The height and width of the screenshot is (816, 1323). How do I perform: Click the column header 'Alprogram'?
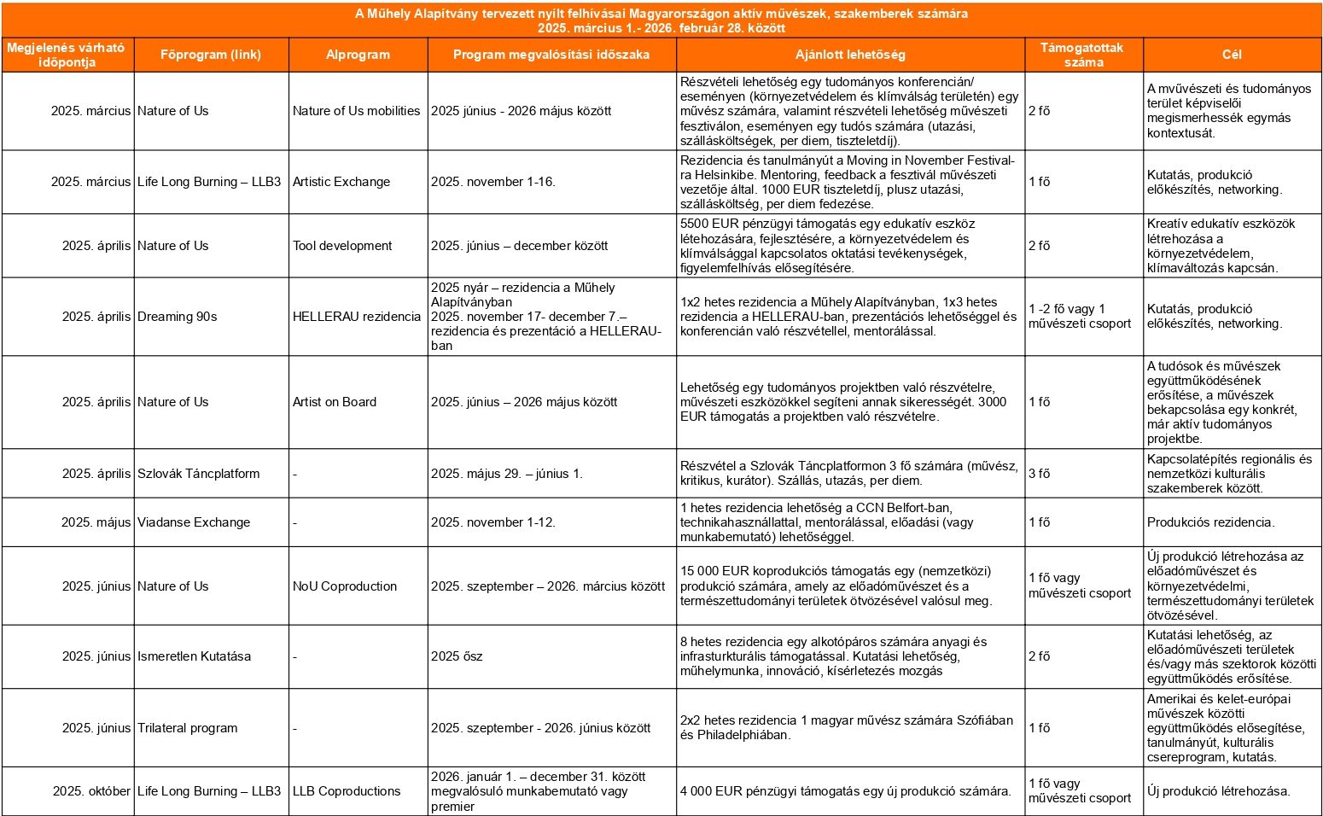point(358,55)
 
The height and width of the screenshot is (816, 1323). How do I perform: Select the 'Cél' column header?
point(1232,55)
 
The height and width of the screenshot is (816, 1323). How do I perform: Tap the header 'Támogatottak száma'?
point(1083,55)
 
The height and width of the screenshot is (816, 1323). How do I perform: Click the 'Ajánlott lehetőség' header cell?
point(850,55)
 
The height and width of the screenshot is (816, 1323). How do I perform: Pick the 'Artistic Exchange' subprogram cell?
point(341,182)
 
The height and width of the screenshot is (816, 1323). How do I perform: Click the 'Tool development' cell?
point(342,246)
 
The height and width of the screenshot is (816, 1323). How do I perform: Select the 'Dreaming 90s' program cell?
point(178,317)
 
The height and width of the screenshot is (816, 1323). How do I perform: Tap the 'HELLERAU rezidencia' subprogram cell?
point(357,317)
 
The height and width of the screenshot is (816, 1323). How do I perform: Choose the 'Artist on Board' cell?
point(335,402)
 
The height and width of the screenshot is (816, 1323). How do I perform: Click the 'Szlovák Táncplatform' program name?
point(199,474)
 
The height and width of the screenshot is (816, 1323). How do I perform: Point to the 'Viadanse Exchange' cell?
point(194,522)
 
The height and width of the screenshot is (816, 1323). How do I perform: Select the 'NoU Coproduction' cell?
point(345,586)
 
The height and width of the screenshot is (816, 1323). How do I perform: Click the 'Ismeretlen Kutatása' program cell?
point(195,656)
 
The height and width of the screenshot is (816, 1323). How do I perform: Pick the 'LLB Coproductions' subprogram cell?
point(347,791)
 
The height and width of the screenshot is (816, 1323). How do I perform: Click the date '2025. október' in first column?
point(91,791)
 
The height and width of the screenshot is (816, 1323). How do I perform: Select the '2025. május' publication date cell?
point(96,522)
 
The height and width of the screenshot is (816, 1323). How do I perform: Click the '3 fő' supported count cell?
point(1040,474)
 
